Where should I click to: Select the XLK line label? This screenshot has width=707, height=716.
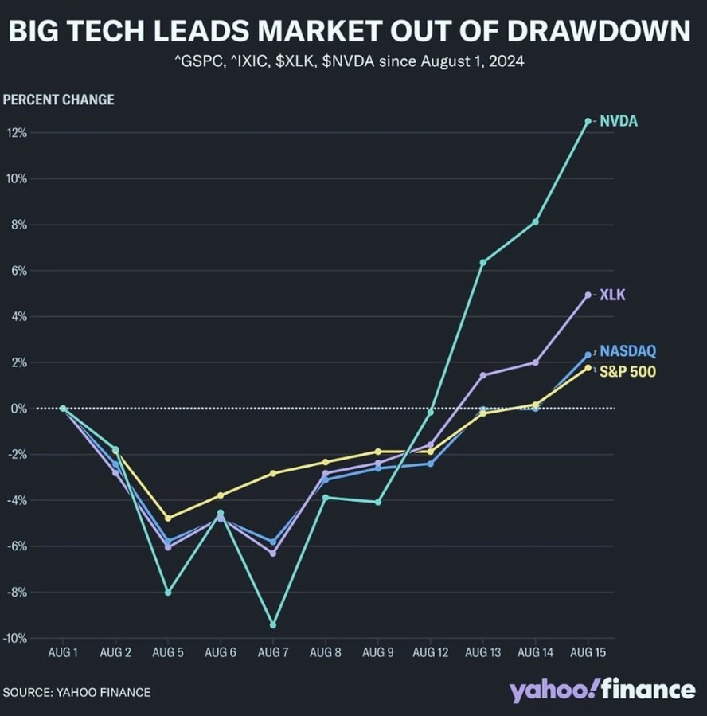point(612,295)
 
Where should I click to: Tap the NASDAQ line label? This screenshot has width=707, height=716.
point(628,350)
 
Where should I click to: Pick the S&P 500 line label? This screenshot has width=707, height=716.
point(627,370)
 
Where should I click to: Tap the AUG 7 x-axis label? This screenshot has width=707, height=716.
point(273,653)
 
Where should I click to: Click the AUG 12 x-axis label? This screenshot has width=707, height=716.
point(430,653)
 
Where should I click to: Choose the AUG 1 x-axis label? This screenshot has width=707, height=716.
point(63,653)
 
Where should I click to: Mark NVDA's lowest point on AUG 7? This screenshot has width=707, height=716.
point(273,624)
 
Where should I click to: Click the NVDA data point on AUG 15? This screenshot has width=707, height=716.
point(588,121)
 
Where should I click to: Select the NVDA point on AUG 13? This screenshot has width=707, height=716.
point(482,262)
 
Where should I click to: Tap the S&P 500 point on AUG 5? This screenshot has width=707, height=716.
point(168,518)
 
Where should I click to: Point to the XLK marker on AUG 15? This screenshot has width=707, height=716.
point(588,295)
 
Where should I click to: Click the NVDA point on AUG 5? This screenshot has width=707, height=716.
point(168,593)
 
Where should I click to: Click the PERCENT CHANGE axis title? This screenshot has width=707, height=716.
point(59,100)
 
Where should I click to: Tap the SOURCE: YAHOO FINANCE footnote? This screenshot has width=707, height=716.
point(76,692)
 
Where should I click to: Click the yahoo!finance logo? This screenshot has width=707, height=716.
point(603,690)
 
